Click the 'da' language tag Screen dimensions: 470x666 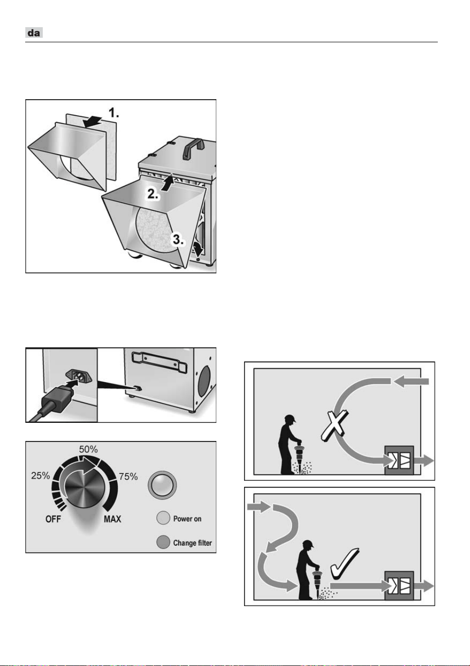34,33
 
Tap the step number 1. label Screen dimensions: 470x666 114,113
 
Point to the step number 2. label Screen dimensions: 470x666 153,194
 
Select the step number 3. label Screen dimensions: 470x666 178,240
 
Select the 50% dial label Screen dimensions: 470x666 88,449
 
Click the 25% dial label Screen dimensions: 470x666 40,476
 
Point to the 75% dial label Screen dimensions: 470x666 128,477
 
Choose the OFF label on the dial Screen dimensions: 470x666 53,519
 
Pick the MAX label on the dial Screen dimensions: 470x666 112,519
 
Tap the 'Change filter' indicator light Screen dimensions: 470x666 163,542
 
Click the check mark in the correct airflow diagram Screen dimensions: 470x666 344,563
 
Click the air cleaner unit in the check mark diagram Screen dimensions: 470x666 399,585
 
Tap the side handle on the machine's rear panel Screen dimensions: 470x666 160,361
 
